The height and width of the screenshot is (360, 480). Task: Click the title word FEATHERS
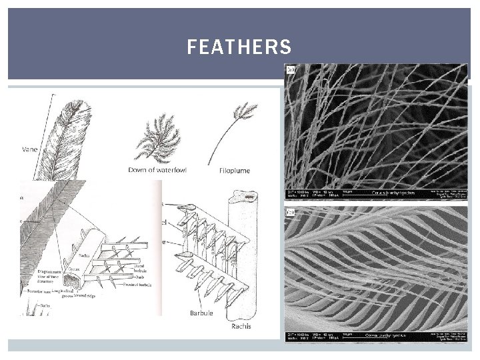tap(239, 47)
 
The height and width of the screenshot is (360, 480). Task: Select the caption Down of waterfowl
tap(157, 170)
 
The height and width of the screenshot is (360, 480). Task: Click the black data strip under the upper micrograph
tap(376, 194)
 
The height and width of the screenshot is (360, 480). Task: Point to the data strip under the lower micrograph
tap(376, 336)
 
